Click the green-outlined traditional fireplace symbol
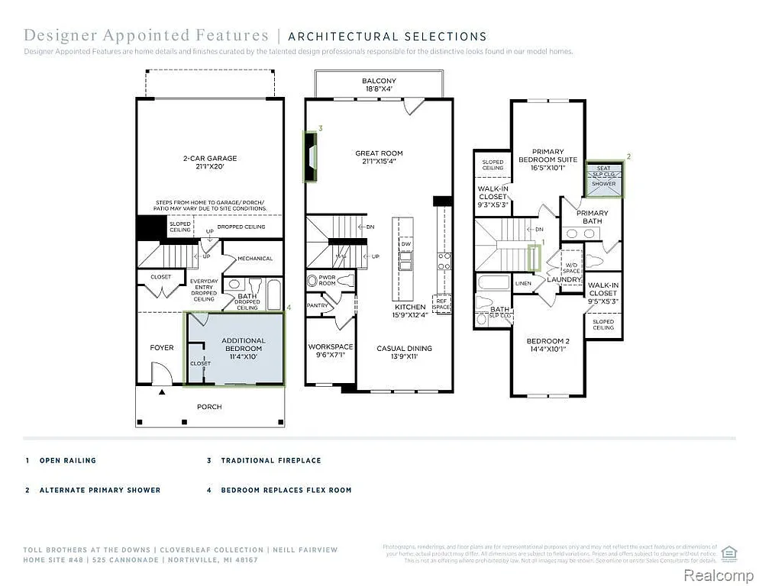[x=311, y=156]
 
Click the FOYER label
[x=161, y=347]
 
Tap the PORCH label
[x=209, y=407]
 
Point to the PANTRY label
[x=317, y=305]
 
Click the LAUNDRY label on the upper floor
[x=564, y=279]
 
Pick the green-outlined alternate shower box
[x=604, y=179]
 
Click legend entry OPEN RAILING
[x=68, y=461]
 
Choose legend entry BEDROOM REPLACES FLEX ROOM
[x=286, y=490]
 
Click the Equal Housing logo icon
[x=729, y=552]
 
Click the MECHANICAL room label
[x=254, y=259]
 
